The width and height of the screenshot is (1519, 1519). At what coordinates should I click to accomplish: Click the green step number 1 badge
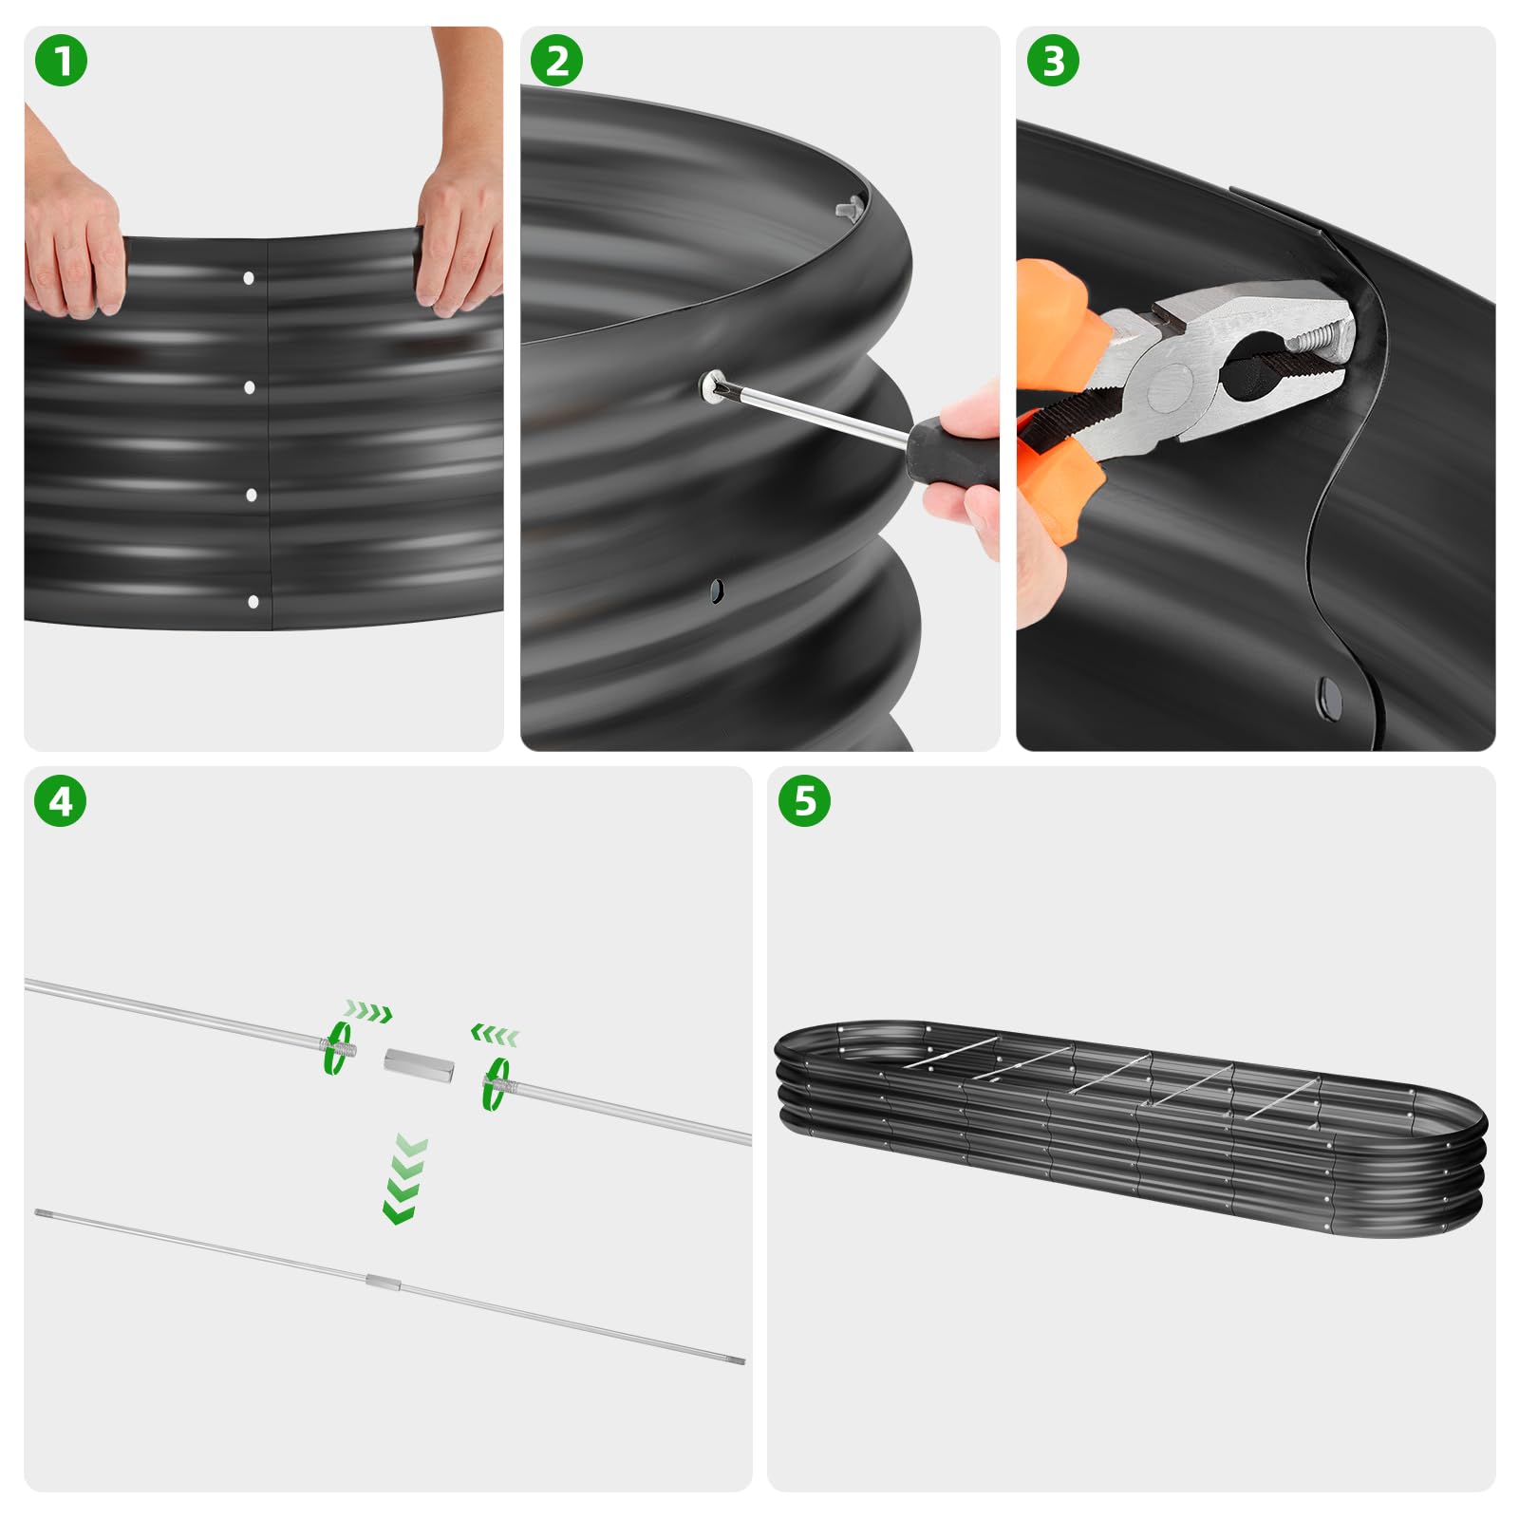(61, 61)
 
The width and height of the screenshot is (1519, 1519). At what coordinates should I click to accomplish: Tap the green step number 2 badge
(557, 61)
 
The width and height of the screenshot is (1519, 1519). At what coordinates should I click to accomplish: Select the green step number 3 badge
(1053, 61)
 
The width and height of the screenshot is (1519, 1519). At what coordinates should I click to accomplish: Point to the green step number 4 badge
(61, 801)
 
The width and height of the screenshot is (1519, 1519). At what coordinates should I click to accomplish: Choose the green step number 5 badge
(804, 801)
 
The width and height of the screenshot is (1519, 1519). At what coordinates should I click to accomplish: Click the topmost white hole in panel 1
(249, 278)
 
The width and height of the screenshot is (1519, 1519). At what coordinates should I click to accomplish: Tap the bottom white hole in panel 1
(253, 602)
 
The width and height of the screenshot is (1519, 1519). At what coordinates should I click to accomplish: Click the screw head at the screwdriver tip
(712, 384)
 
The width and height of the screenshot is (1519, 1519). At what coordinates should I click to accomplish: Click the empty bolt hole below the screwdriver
(718, 591)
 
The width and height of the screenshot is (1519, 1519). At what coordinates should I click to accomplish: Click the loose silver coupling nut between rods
(419, 1063)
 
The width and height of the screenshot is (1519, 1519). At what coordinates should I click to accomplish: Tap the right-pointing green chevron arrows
(368, 1011)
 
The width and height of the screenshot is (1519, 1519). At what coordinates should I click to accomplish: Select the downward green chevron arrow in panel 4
(405, 1179)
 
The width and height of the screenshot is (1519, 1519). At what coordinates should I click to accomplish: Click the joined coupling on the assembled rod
(384, 1284)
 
